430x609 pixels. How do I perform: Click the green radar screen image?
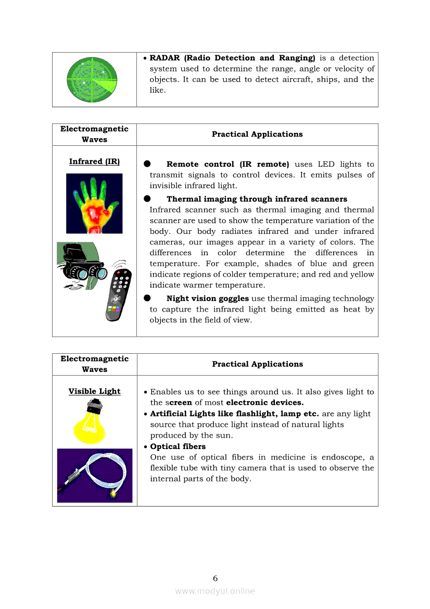(92, 80)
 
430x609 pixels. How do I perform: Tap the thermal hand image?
(94, 203)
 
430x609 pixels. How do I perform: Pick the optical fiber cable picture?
(95, 475)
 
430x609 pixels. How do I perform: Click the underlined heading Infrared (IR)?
(94, 161)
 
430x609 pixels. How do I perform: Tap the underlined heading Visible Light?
(94, 391)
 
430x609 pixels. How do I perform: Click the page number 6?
(215, 578)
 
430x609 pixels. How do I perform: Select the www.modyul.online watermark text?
(215, 591)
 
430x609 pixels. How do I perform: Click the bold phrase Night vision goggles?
(207, 299)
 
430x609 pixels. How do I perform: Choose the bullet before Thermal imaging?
(147, 198)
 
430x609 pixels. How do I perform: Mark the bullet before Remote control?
(147, 164)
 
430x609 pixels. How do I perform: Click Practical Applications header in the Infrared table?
(257, 134)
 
